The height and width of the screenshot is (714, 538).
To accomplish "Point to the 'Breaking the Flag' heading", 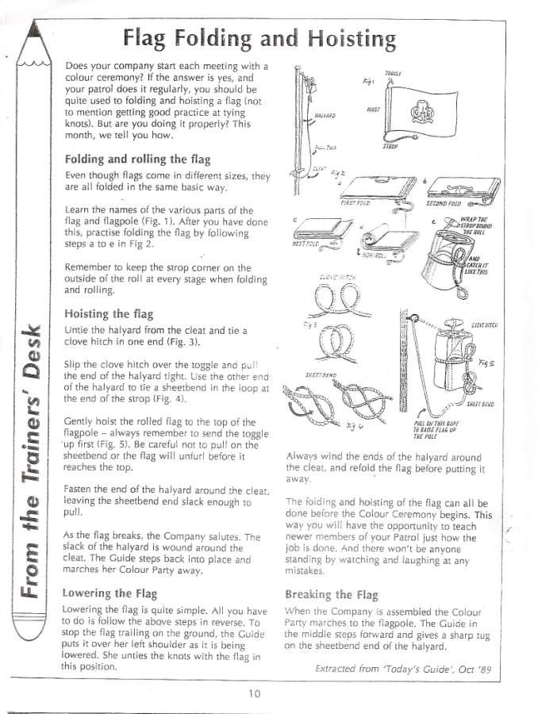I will (x=331, y=594).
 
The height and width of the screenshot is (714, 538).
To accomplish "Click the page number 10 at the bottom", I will (x=253, y=693).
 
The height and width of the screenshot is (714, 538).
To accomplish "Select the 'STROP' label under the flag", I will (x=390, y=147).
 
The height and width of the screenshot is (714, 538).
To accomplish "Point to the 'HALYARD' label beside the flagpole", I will (x=324, y=116).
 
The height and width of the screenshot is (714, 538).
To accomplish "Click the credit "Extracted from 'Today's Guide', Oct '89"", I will (x=403, y=669).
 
